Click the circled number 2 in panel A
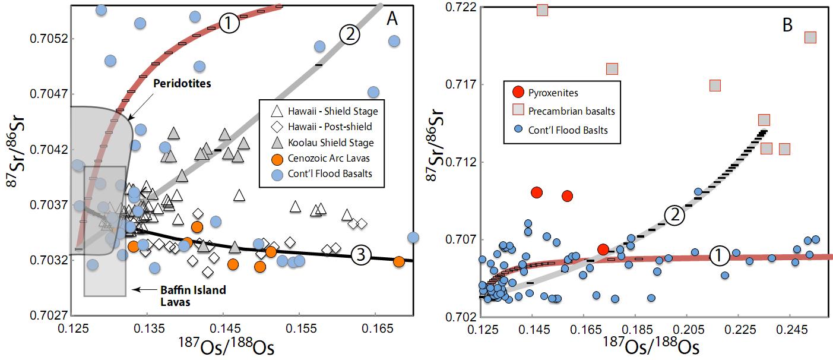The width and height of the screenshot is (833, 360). pos(350,34)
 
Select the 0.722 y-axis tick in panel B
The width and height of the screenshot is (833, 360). pos(463,8)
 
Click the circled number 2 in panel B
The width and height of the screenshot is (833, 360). pos(673,217)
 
